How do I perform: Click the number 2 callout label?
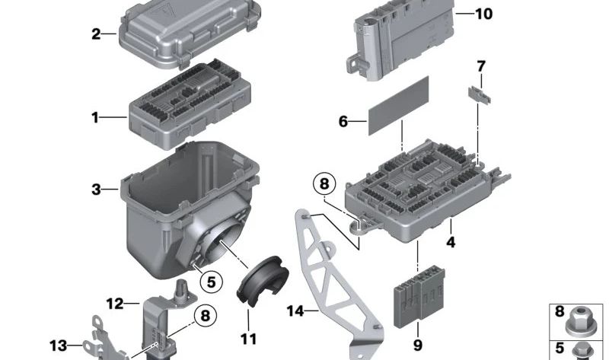(x=96, y=34)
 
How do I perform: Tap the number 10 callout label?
(x=483, y=14)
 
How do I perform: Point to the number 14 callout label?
(x=295, y=311)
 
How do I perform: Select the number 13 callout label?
(x=59, y=346)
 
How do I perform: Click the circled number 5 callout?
(x=211, y=282)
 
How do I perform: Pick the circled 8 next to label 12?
(x=205, y=315)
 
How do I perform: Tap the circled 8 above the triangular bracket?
(x=324, y=183)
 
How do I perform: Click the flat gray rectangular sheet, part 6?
(x=398, y=106)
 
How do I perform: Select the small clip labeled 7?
(x=480, y=95)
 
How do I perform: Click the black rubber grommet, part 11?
(x=262, y=280)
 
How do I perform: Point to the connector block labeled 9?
(x=419, y=296)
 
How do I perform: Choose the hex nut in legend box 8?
(x=579, y=320)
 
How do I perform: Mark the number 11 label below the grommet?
(x=249, y=339)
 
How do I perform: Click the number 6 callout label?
(x=343, y=122)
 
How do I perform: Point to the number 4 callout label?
(x=450, y=242)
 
